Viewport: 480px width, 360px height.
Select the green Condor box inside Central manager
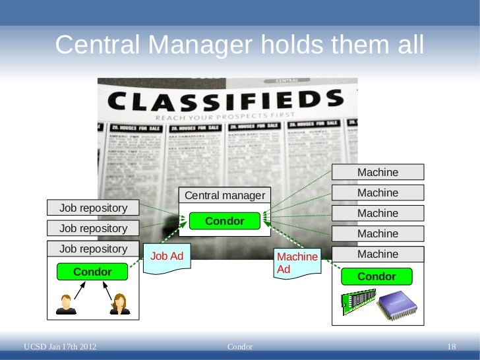point(225,222)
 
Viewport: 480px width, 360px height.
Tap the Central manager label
point(225,195)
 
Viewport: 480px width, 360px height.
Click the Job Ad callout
point(167,257)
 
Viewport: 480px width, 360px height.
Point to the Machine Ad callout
point(297,263)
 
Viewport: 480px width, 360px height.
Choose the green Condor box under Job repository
point(92,272)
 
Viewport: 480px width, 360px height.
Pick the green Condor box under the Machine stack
point(376,276)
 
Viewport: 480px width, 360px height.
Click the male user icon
point(65,304)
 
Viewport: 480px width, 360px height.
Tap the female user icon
point(120,304)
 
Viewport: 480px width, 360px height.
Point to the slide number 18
point(452,347)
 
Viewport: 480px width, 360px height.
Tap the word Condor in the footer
point(239,347)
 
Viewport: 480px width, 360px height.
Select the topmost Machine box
point(378,173)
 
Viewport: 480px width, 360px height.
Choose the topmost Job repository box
point(93,208)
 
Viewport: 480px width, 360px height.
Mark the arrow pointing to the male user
point(78,289)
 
